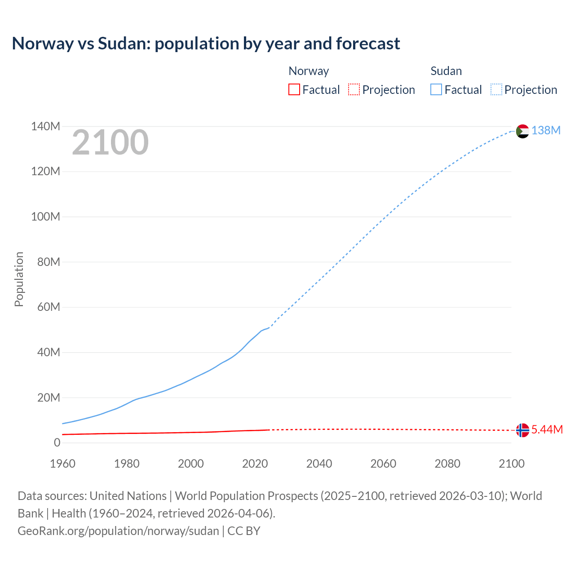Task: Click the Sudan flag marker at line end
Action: click(522, 131)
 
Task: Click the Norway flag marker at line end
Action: click(522, 430)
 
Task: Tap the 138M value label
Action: click(546, 130)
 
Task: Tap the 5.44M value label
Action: click(547, 429)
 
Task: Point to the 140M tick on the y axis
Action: click(45, 126)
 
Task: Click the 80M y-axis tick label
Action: click(49, 262)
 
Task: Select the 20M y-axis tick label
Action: click(49, 398)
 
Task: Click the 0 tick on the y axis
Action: click(57, 442)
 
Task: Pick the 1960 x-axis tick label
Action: click(62, 464)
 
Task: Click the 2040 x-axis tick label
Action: click(319, 464)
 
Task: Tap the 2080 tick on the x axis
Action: click(447, 464)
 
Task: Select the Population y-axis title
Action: click(19, 279)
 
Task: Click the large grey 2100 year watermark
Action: click(110, 142)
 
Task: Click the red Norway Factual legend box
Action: click(294, 89)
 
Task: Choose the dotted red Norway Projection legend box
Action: click(354, 89)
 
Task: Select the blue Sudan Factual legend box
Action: click(436, 89)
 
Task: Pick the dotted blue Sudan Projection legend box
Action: click(496, 89)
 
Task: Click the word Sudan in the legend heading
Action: click(446, 71)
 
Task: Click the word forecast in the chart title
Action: click(368, 44)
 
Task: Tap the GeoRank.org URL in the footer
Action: click(118, 531)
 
